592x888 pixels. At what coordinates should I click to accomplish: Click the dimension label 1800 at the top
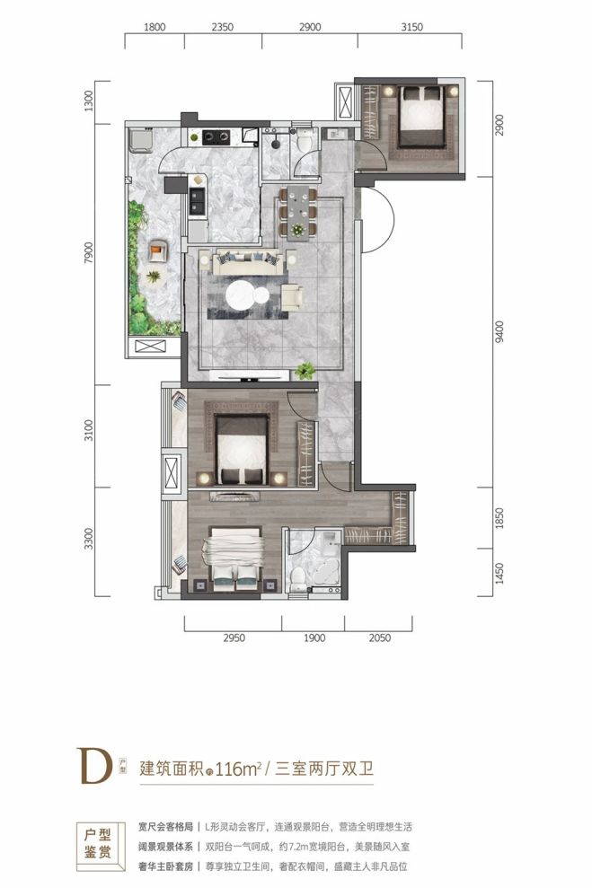[x=155, y=28]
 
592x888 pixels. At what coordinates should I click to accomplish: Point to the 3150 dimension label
[x=411, y=28]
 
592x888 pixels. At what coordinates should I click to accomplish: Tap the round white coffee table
[x=246, y=295]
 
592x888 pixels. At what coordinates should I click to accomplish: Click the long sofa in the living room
[x=245, y=263]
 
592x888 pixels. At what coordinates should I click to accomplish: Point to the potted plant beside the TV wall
[x=306, y=369]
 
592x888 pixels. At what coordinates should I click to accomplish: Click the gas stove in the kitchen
[x=216, y=137]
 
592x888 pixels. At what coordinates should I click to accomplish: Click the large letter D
[x=99, y=768]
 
